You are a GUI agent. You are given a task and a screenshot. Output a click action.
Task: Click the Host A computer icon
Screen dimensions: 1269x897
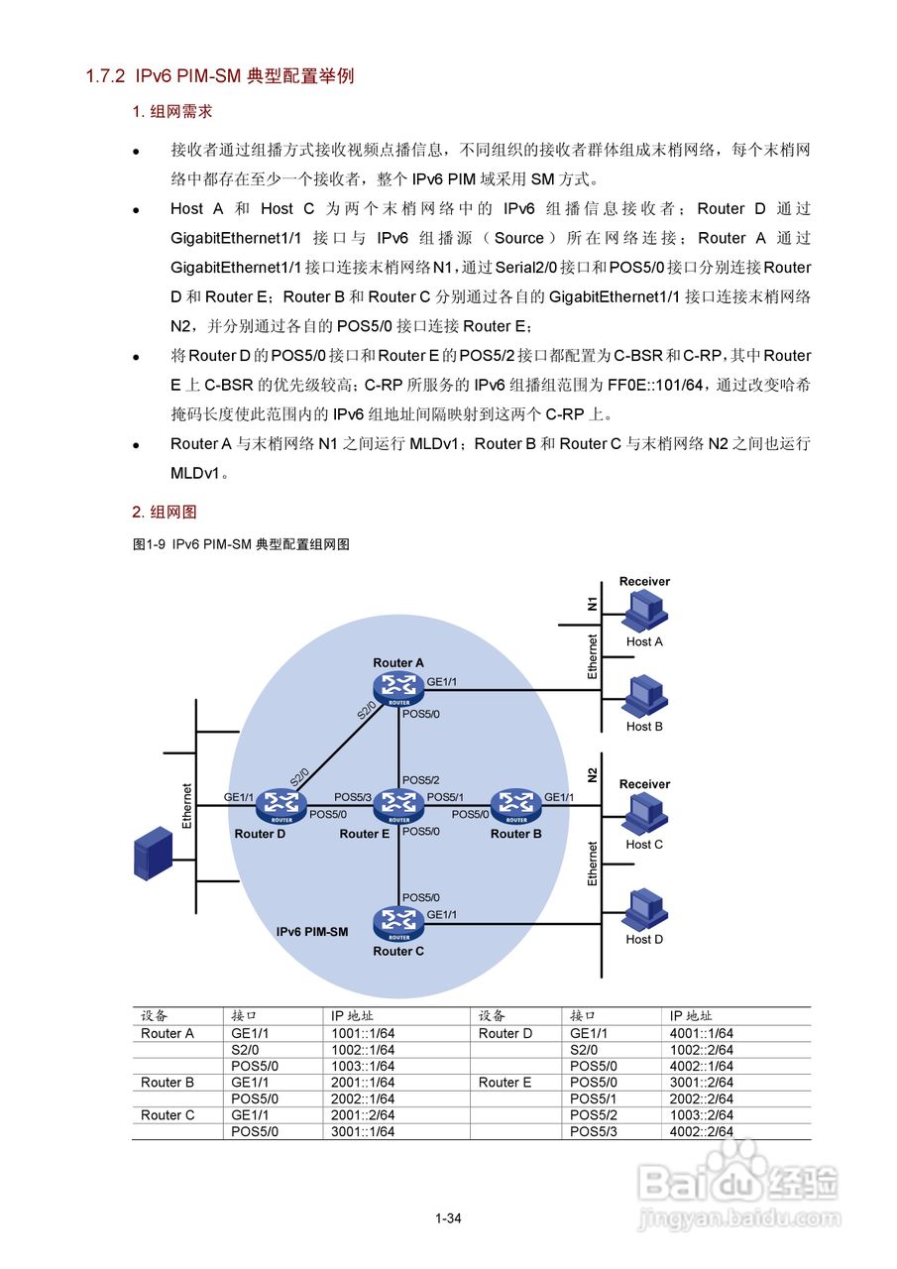click(644, 611)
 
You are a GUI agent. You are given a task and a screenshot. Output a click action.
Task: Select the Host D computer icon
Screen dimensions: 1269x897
click(644, 908)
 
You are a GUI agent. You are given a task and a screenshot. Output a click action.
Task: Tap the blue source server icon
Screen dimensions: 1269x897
click(153, 855)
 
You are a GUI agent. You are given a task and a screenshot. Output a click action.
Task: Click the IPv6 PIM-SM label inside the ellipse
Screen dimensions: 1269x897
click(312, 933)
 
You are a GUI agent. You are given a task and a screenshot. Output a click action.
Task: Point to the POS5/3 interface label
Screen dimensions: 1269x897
click(352, 797)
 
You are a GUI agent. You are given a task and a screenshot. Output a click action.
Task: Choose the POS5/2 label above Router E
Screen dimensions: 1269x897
click(420, 780)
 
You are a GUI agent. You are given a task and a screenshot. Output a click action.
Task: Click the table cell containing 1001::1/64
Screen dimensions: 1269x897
click(363, 1033)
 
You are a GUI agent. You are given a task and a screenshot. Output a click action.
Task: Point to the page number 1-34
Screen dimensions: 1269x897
click(448, 1218)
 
